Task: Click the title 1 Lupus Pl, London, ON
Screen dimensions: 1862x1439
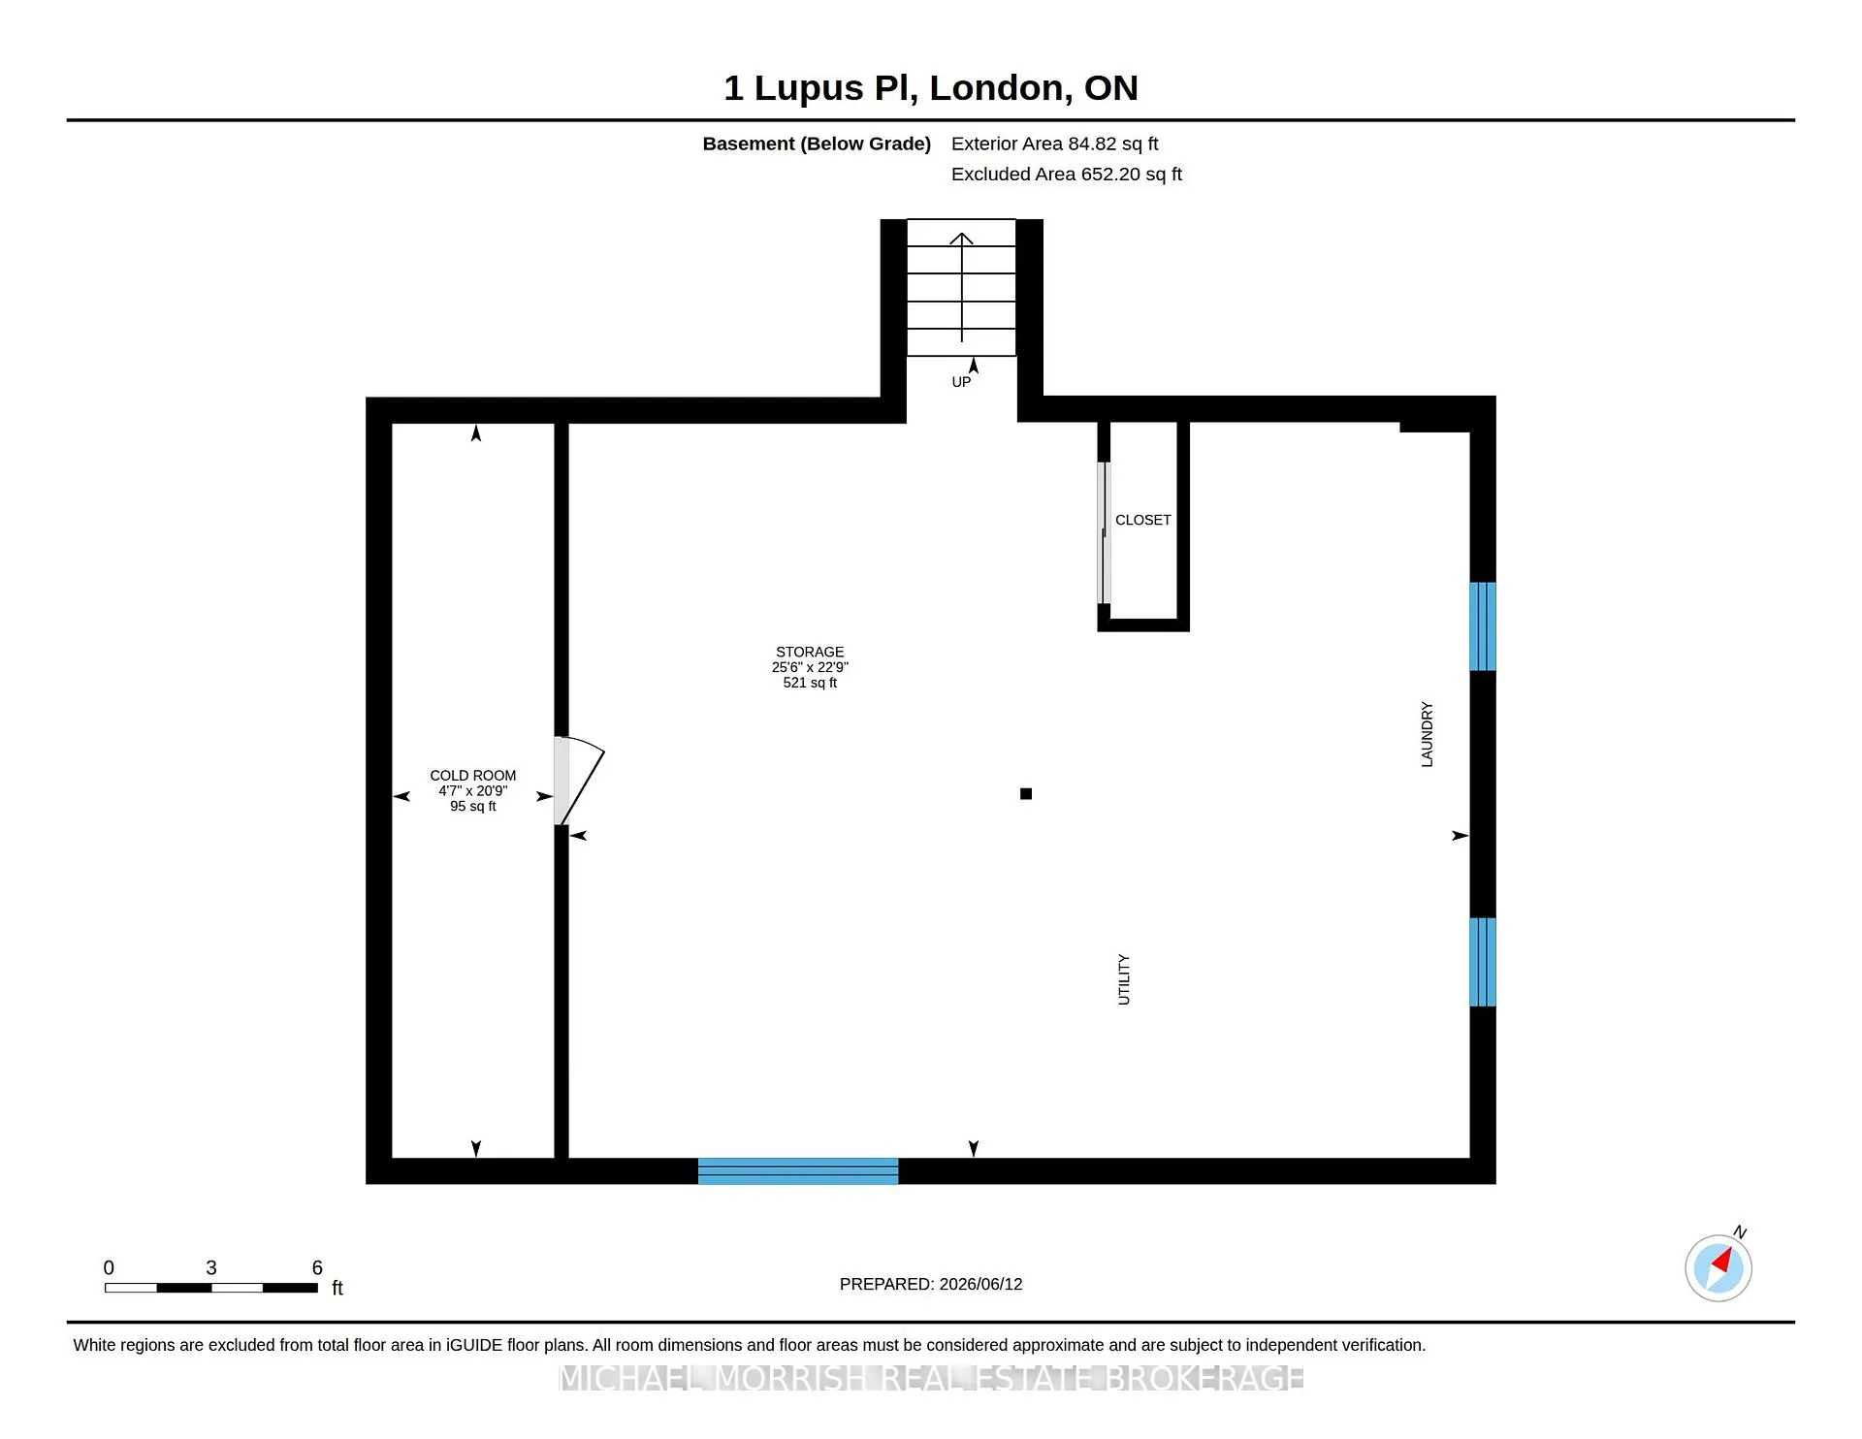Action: (930, 88)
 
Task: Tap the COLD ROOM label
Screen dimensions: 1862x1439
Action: (473, 776)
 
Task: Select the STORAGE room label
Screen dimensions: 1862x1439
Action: (810, 652)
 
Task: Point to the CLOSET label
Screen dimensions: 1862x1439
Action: (1142, 521)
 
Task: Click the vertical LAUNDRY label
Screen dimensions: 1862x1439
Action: (1427, 735)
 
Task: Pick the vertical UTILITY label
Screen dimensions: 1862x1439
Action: (1124, 979)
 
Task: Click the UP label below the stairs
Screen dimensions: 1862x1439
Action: (961, 382)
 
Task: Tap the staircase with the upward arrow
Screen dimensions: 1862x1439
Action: (961, 287)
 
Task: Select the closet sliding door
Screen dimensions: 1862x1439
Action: (1104, 533)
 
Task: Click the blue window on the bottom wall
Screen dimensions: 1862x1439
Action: (798, 1171)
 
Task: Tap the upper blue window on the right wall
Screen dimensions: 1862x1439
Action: (1483, 626)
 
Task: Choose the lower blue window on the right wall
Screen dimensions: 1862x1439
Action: (1483, 962)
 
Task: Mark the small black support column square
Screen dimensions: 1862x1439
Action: (1026, 794)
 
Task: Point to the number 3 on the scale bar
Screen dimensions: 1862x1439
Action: (211, 1268)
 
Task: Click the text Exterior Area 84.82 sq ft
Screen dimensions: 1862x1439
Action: (1054, 144)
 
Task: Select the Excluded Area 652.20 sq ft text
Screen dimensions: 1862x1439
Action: (1066, 175)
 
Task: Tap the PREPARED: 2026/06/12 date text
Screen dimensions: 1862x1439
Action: (931, 1285)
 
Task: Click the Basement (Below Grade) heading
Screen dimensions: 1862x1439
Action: (817, 144)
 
